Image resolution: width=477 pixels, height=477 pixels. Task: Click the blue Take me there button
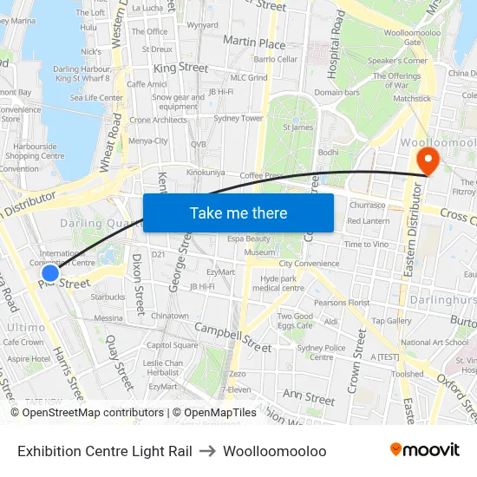[238, 212]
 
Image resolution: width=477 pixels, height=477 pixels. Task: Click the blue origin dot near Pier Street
[49, 274]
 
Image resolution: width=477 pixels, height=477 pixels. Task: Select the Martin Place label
[253, 42]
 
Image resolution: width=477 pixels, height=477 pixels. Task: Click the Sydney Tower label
[238, 118]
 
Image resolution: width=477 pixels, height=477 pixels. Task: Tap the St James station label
[301, 127]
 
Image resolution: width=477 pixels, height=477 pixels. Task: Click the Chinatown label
[170, 317]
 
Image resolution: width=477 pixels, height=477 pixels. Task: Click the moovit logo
[424, 449]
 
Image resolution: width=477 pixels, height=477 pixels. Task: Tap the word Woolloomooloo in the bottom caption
[274, 451]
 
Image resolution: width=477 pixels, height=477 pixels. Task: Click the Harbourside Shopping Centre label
[35, 151]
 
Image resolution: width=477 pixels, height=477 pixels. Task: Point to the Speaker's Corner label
[397, 61]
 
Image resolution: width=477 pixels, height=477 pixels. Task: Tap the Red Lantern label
[368, 221]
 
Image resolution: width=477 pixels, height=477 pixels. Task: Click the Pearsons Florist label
[342, 303]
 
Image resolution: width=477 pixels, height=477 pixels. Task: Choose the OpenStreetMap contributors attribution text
[93, 413]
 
